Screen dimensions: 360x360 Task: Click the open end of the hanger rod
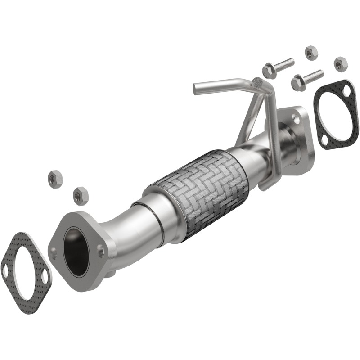196,90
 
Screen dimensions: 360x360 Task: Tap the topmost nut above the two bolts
310,53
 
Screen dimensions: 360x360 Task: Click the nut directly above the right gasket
340,63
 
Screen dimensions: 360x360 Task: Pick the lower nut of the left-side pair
80,195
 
